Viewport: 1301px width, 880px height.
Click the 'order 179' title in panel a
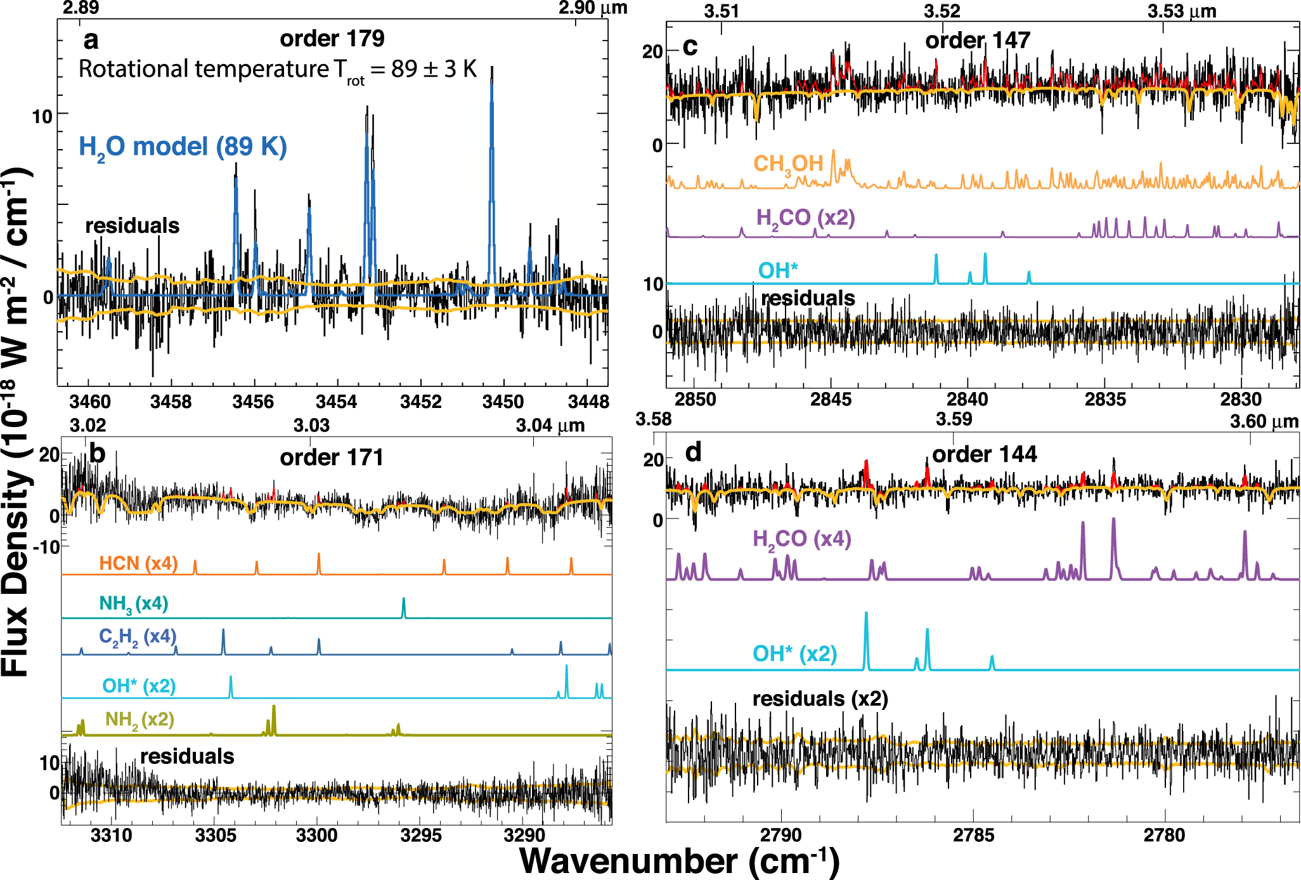pyautogui.click(x=332, y=39)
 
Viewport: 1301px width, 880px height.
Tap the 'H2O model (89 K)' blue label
pyautogui.click(x=183, y=147)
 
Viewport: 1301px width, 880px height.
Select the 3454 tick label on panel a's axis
pyautogui.click(x=336, y=402)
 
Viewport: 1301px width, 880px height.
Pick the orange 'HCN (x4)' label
pyautogui.click(x=138, y=563)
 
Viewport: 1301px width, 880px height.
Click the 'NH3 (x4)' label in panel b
pyautogui.click(x=133, y=603)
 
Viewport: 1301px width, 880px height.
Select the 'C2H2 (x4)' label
pyautogui.click(x=137, y=637)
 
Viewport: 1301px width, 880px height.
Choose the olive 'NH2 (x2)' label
pyautogui.click(x=139, y=719)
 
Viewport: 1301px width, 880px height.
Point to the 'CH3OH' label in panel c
pyautogui.click(x=788, y=164)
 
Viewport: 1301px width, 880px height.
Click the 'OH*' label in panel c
pyautogui.click(x=778, y=271)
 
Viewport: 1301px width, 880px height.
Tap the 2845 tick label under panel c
pyautogui.click(x=831, y=400)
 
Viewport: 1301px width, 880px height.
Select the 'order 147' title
pyautogui.click(x=978, y=41)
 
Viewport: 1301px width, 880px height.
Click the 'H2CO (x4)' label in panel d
pyautogui.click(x=801, y=539)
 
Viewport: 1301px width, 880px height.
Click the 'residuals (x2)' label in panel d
pyautogui.click(x=820, y=699)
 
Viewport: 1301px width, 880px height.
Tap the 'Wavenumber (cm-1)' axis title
pyautogui.click(x=679, y=862)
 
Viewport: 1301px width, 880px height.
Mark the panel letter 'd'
pyautogui.click(x=694, y=452)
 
